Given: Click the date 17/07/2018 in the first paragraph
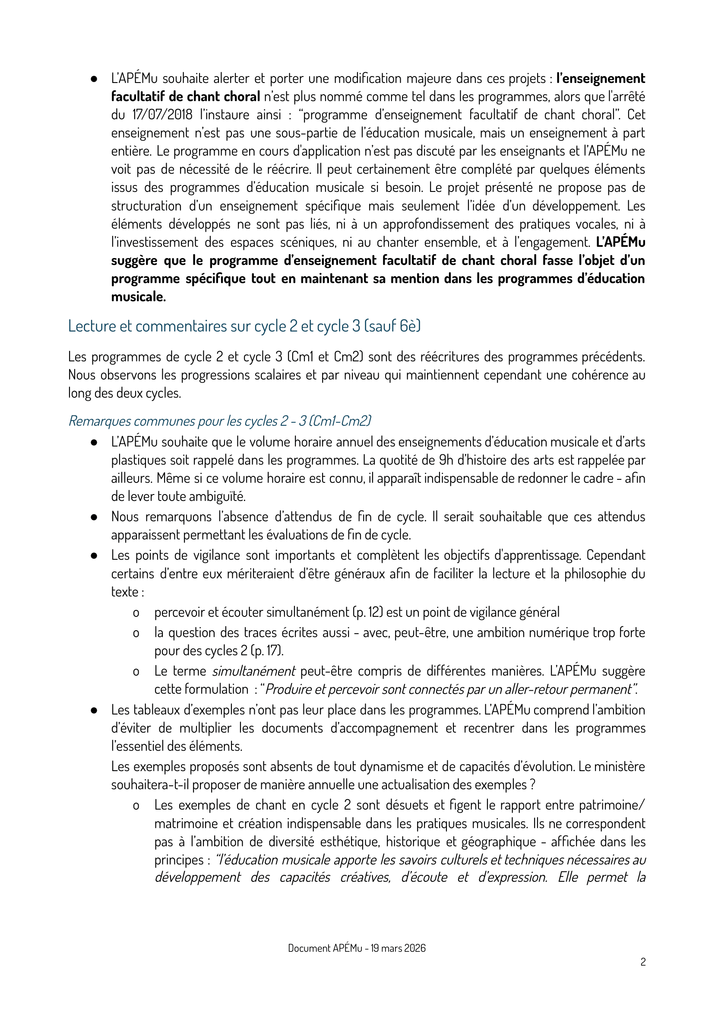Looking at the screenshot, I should (162, 115).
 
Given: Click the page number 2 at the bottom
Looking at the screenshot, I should (643, 962).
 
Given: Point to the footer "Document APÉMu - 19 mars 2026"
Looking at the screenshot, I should (357, 948).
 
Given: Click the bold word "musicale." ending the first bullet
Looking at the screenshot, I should (138, 297).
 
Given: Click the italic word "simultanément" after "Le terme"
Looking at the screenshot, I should (253, 671).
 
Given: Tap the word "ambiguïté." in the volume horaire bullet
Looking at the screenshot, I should (222, 496).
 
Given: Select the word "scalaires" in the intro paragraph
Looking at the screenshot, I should (278, 375).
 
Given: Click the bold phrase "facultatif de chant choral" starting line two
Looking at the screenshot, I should (185, 96).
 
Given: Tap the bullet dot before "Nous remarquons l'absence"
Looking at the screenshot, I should (94, 517).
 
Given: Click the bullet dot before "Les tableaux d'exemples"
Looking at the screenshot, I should (94, 710).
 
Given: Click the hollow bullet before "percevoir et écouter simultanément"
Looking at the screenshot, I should (136, 612).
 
